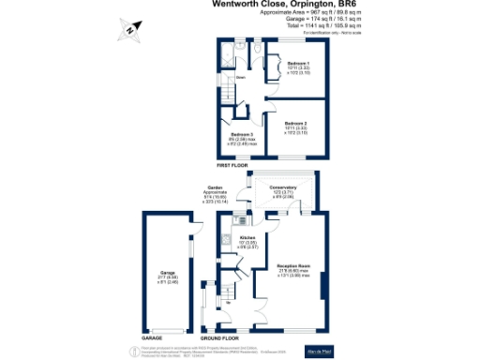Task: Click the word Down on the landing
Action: click(x=241, y=78)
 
